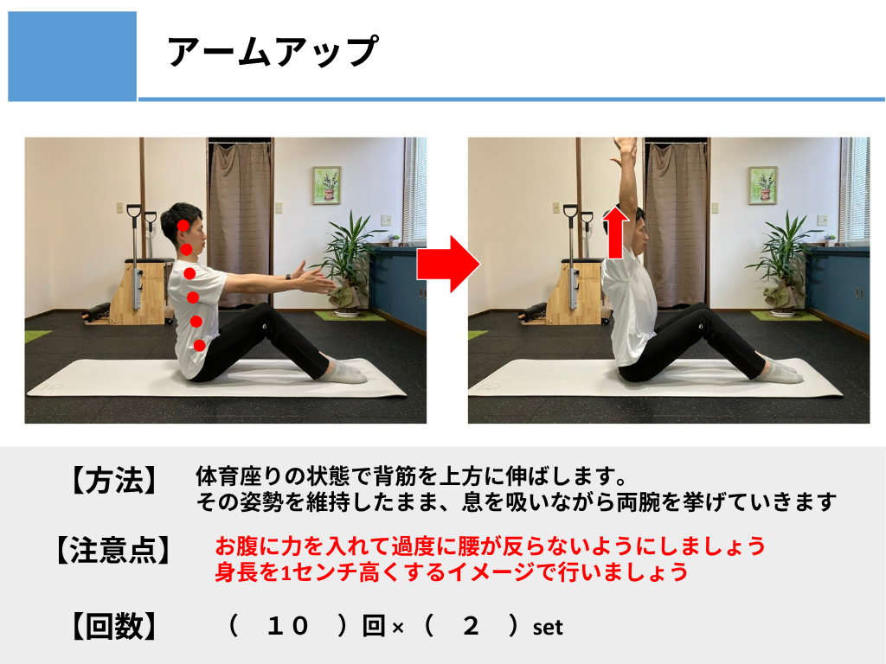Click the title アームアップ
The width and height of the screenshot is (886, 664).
pyautogui.click(x=273, y=51)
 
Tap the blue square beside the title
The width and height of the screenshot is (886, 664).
pyautogui.click(x=73, y=56)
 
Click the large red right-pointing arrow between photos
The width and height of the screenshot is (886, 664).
pyautogui.click(x=448, y=265)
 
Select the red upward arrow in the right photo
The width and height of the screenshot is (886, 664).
pyautogui.click(x=615, y=233)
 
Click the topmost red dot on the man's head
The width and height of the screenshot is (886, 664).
pyautogui.click(x=183, y=226)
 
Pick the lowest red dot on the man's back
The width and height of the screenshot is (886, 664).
pyautogui.click(x=199, y=345)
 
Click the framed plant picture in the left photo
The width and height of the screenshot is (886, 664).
pyautogui.click(x=326, y=185)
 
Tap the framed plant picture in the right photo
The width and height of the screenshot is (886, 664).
pyautogui.click(x=763, y=185)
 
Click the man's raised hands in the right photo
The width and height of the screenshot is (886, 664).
pyautogui.click(x=625, y=150)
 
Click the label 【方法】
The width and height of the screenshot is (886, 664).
pyautogui.click(x=113, y=481)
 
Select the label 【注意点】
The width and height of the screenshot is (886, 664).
pyautogui.click(x=113, y=550)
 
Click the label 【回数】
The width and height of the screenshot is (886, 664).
pyautogui.click(x=113, y=626)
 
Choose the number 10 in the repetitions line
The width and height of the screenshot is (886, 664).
pyautogui.click(x=287, y=626)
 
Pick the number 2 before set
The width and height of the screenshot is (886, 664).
pyautogui.click(x=470, y=626)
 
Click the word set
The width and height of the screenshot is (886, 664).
pyautogui.click(x=548, y=628)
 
